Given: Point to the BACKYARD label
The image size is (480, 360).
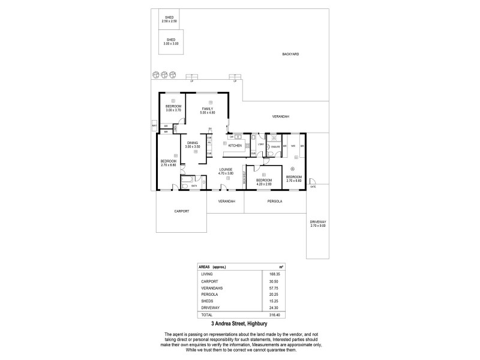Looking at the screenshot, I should tap(290, 54).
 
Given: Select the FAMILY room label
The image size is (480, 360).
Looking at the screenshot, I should tap(208, 110).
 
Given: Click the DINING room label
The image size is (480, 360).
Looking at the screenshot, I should tap(191, 145).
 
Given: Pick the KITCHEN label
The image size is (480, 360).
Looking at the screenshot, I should tap(235, 146).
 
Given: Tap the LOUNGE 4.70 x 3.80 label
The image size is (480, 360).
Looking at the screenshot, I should tap(226, 171).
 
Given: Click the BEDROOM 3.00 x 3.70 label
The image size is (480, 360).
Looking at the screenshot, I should tap(173, 108).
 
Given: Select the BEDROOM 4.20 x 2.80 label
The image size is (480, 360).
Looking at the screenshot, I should tap(264, 182).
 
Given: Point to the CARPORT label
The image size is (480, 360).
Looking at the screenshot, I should tap(182, 211).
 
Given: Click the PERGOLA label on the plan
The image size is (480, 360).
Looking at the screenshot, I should tap(275, 202).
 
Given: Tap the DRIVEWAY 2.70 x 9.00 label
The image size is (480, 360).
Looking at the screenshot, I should tap(319, 224).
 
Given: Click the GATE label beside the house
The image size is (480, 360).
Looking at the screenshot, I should tap(313, 187).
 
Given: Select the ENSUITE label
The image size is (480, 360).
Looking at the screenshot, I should tap(276, 146).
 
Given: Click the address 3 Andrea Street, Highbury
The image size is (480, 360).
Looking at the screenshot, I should tap(240, 325).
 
